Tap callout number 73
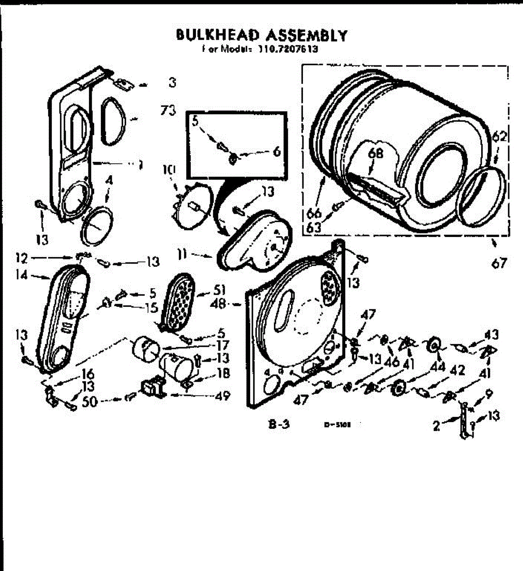point(168,111)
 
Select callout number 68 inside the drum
point(375,153)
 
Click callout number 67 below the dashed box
point(499,263)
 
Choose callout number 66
point(314,213)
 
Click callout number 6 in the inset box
point(276,151)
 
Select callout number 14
point(21,275)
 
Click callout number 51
point(219,290)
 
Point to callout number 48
point(219,303)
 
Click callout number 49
point(223,395)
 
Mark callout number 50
point(89,401)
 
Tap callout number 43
point(491,335)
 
